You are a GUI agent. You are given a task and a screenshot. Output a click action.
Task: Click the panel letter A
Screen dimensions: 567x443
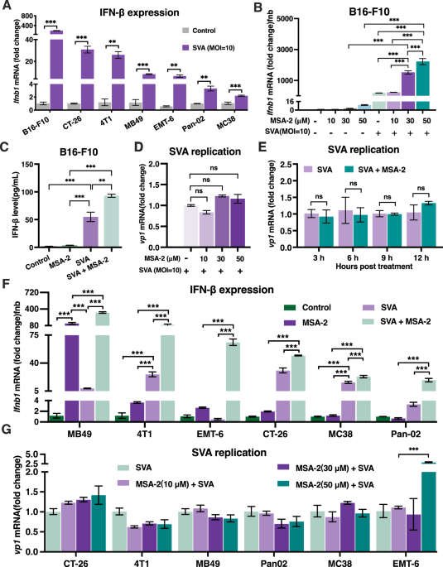(x=6, y=7)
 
